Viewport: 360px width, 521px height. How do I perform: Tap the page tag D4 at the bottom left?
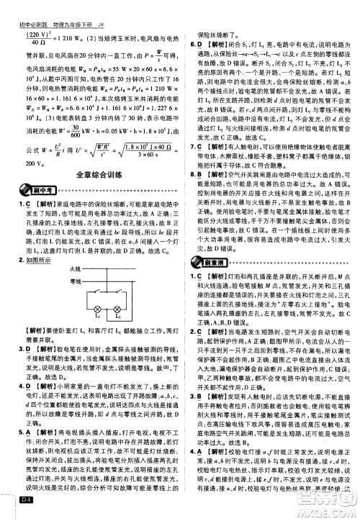[x=27, y=512]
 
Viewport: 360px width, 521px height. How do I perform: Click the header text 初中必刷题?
[x=30, y=6]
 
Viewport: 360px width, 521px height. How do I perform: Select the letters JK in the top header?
[x=113, y=6]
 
